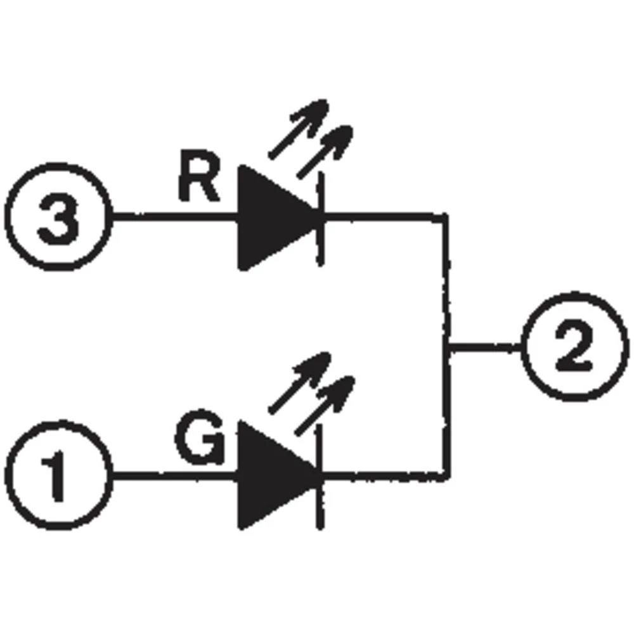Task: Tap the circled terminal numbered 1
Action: [58, 474]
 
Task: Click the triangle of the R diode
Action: [269, 217]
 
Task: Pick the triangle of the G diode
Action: [269, 474]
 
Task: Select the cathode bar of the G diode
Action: [321, 475]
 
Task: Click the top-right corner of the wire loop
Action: [446, 217]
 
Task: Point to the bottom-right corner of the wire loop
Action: [448, 474]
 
